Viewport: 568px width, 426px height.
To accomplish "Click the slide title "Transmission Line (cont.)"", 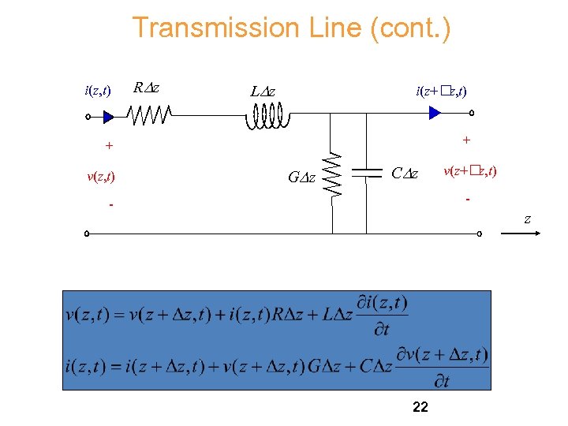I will pyautogui.click(x=291, y=28).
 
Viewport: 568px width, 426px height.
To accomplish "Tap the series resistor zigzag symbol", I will pyautogui.click(x=150, y=117).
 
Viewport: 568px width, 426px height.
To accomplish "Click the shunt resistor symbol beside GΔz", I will pyautogui.click(x=333, y=174).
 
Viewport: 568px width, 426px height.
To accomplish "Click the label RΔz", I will pyautogui.click(x=146, y=88).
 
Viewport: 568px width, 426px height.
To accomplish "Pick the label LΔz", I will pyautogui.click(x=263, y=92).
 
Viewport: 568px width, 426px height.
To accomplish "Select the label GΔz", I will pyautogui.click(x=301, y=178).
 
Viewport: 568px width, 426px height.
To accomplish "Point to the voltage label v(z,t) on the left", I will pyautogui.click(x=100, y=177).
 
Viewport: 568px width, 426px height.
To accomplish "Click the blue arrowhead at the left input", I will pyautogui.click(x=109, y=117).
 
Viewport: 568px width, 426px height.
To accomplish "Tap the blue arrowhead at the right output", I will pyautogui.click(x=434, y=113).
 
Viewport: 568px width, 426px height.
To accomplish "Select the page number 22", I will pyautogui.click(x=420, y=407).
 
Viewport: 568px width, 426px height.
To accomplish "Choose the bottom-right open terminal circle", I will pyautogui.click(x=479, y=234).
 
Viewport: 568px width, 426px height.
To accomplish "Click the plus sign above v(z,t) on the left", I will pyautogui.click(x=109, y=146).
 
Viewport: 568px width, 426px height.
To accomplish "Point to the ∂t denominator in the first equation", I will pyautogui.click(x=381, y=329).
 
